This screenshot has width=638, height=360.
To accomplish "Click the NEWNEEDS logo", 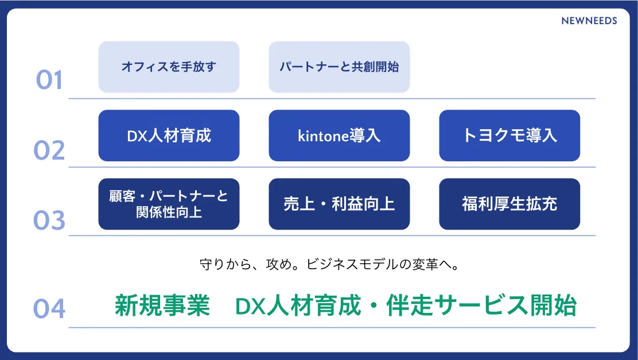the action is click(x=589, y=21).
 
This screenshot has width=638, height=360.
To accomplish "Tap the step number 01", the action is click(x=49, y=80).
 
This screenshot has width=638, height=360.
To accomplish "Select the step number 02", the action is click(x=49, y=150).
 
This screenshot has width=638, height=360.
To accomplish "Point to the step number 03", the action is click(x=49, y=220).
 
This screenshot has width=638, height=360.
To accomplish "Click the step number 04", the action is click(x=49, y=308).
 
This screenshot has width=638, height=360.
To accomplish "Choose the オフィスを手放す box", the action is click(x=169, y=67).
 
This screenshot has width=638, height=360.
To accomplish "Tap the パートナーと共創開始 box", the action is click(x=339, y=67).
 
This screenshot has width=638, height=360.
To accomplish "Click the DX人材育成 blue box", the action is click(x=169, y=136).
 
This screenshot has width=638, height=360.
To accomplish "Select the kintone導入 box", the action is click(x=339, y=136).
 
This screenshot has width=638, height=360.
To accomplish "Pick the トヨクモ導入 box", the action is click(x=509, y=136).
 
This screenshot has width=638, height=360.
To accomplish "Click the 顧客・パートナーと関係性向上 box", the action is click(x=169, y=204).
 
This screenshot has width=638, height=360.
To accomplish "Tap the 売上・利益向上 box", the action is click(x=339, y=204).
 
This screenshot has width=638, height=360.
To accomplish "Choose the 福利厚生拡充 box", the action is click(x=509, y=204).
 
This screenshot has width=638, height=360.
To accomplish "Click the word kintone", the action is click(x=323, y=136).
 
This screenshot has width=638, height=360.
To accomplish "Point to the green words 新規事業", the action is click(x=162, y=305).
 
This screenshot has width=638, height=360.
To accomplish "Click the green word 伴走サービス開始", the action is click(x=481, y=305).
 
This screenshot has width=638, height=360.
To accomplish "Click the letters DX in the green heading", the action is click(x=251, y=306).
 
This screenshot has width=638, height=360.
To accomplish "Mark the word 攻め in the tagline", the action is click(x=279, y=265).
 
